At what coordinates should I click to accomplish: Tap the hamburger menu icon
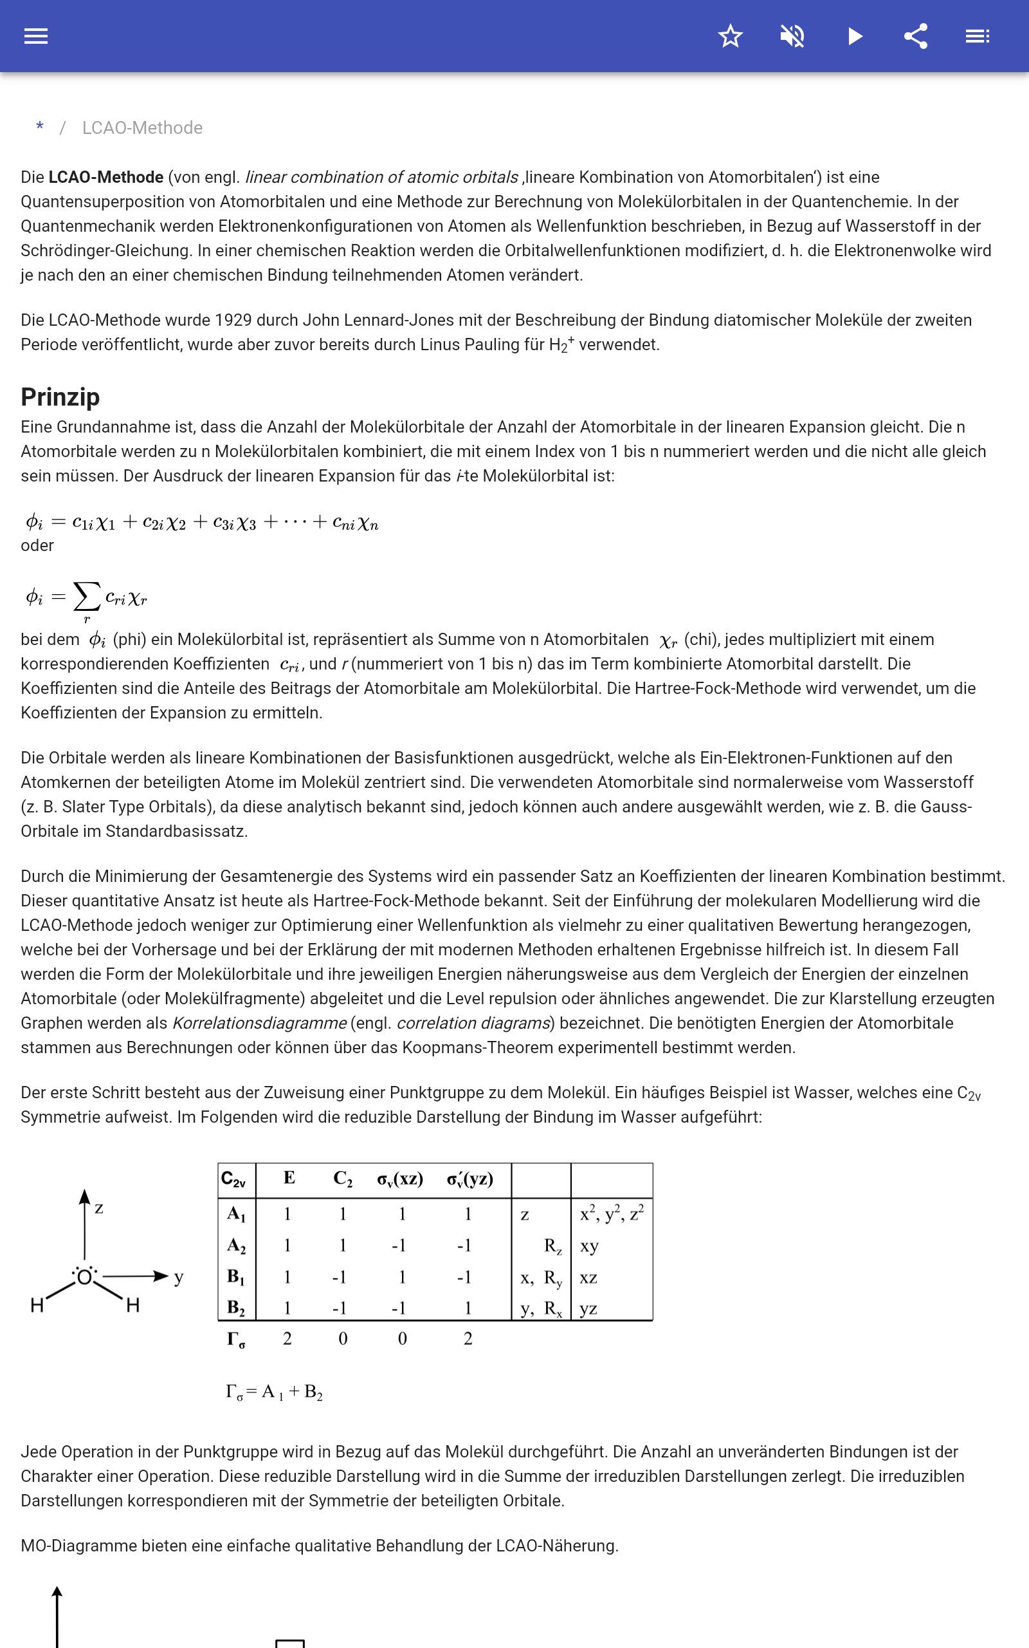tap(36, 36)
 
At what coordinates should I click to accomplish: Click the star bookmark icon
tap(730, 36)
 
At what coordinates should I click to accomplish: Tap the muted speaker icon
tap(792, 36)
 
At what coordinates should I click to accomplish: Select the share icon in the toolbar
tap(916, 36)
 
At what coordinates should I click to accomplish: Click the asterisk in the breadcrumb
tap(40, 127)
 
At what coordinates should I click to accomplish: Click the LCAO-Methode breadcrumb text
tap(142, 128)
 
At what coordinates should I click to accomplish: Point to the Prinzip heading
tap(60, 397)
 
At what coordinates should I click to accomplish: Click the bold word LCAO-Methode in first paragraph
tap(105, 177)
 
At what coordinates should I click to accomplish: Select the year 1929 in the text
tap(232, 320)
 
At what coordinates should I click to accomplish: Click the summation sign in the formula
tap(86, 597)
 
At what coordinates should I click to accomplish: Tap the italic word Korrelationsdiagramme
tap(259, 1023)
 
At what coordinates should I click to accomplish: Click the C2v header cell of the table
tap(233, 1179)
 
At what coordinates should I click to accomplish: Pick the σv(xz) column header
tap(400, 1179)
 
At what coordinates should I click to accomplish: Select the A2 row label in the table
tap(236, 1246)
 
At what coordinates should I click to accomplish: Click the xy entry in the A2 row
tap(588, 1246)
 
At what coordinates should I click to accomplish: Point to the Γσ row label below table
tap(235, 1340)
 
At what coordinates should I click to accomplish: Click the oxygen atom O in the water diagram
tap(84, 1277)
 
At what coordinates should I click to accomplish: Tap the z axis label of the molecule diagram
tap(99, 1208)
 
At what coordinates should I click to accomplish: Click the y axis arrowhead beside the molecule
tap(161, 1275)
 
